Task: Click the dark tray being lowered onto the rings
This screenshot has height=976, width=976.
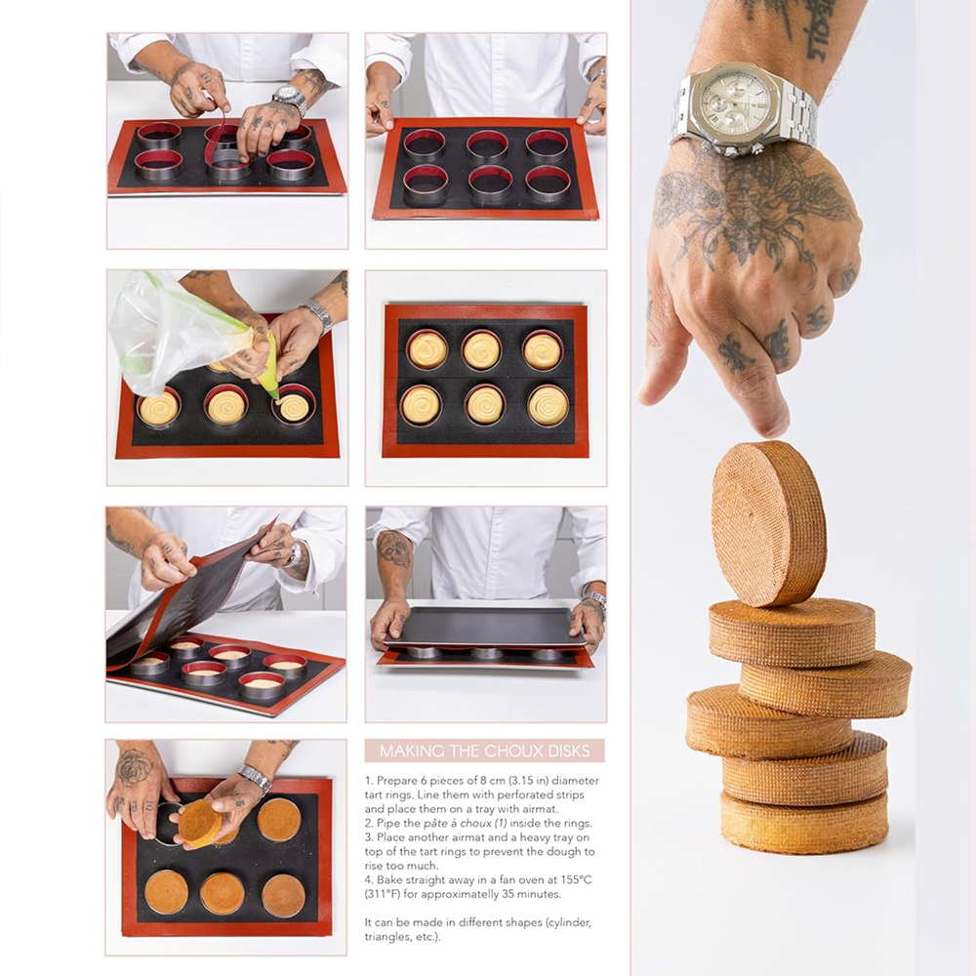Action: point(485,627)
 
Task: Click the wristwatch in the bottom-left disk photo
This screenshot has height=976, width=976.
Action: point(255,778)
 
